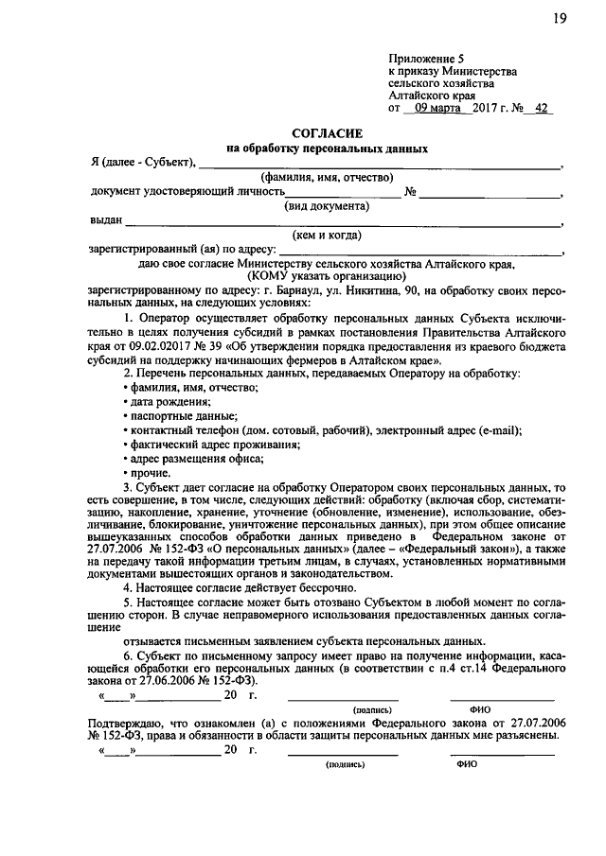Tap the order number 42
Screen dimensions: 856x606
point(541,109)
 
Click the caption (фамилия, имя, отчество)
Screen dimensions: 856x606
point(326,177)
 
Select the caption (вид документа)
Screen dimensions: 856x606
point(326,206)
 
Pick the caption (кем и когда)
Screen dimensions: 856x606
point(326,236)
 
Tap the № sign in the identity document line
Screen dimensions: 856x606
point(411,192)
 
